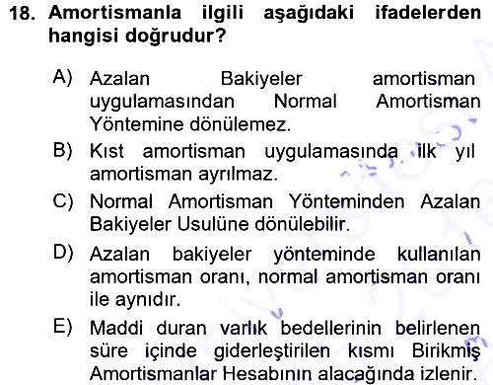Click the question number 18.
point(22,14)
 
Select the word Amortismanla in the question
point(114,13)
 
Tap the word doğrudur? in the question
point(176,36)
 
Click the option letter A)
point(62,78)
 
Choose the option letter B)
point(62,150)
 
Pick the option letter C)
point(63,200)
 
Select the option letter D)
point(63,253)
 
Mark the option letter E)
point(62,327)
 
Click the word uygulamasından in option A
point(162,103)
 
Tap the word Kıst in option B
point(106,151)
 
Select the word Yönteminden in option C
point(346,201)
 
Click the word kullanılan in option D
point(439,254)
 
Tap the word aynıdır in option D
point(148,300)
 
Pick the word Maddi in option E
point(116,328)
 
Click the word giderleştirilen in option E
point(272,351)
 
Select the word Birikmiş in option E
point(446,351)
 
